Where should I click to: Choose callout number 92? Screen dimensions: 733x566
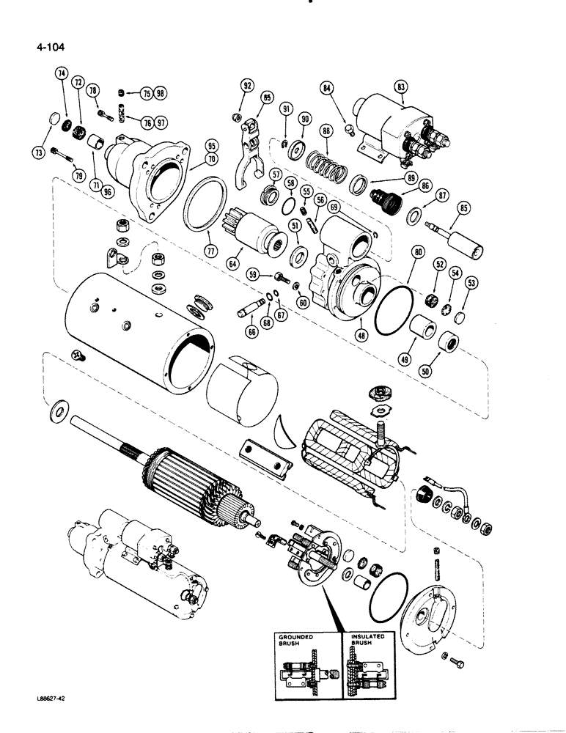[x=248, y=86]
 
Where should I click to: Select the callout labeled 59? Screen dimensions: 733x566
[x=254, y=275]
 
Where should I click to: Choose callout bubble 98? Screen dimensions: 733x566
[x=160, y=94]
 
